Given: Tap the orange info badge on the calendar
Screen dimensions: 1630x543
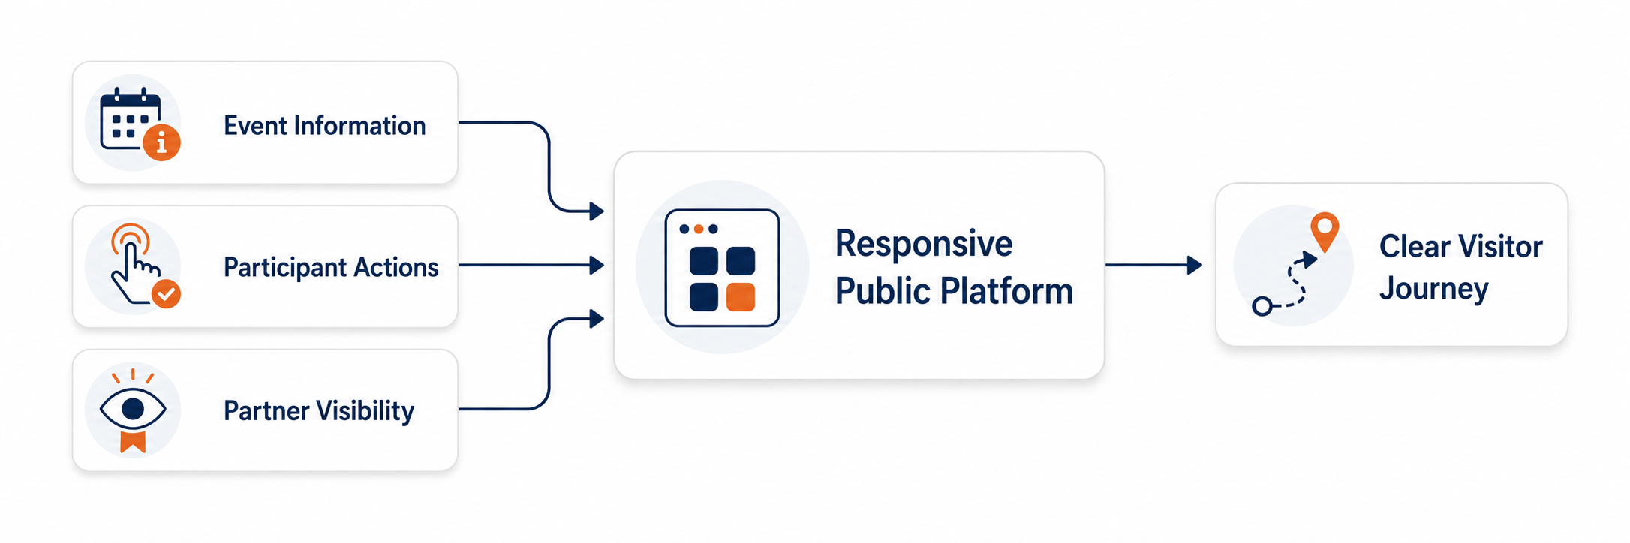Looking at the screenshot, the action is (x=161, y=142).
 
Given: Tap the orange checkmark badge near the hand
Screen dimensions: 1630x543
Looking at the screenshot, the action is (x=166, y=294).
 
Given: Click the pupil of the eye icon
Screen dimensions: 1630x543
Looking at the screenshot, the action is (x=133, y=408).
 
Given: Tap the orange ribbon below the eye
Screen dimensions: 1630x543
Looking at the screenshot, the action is (x=133, y=441).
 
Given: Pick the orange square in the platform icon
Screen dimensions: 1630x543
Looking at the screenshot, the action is (x=741, y=296).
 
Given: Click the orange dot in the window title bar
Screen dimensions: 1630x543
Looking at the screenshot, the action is (x=699, y=229).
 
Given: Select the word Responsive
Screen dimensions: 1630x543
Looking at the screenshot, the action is (x=924, y=244).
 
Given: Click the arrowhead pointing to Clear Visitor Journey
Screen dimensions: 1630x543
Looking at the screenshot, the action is (x=1195, y=265).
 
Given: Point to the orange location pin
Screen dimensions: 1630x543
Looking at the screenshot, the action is (x=1325, y=232).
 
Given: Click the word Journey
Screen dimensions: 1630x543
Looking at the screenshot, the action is (x=1433, y=289).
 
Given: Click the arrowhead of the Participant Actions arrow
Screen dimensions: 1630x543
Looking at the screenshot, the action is (x=597, y=265).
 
